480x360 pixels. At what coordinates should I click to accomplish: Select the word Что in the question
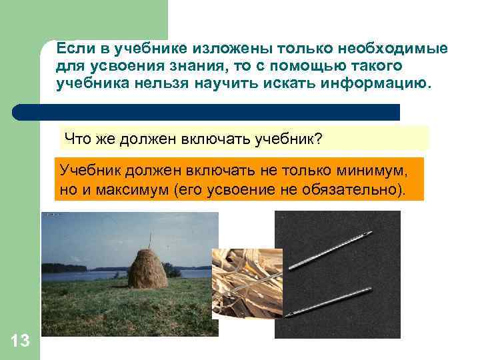tap(75, 139)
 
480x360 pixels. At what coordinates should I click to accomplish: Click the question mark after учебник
tap(318, 139)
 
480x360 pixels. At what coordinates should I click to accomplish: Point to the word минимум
tap(369, 170)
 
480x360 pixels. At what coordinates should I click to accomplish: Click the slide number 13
tap(20, 341)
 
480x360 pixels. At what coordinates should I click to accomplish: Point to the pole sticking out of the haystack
tap(150, 238)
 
